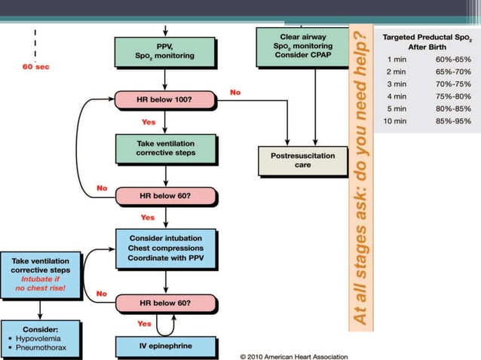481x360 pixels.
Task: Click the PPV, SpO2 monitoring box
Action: [x=164, y=50]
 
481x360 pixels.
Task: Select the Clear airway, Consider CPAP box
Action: [x=300, y=47]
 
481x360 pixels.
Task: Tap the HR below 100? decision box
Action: [x=164, y=99]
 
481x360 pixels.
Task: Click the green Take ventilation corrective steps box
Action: [x=164, y=147]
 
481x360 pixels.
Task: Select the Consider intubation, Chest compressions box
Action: [x=165, y=249]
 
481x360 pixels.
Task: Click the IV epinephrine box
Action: [x=164, y=346]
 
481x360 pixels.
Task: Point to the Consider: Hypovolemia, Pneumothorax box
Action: [x=40, y=338]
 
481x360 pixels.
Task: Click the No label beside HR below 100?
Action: [x=235, y=92]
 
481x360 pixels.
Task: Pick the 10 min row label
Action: [x=396, y=121]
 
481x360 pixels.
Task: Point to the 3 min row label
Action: [x=396, y=83]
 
